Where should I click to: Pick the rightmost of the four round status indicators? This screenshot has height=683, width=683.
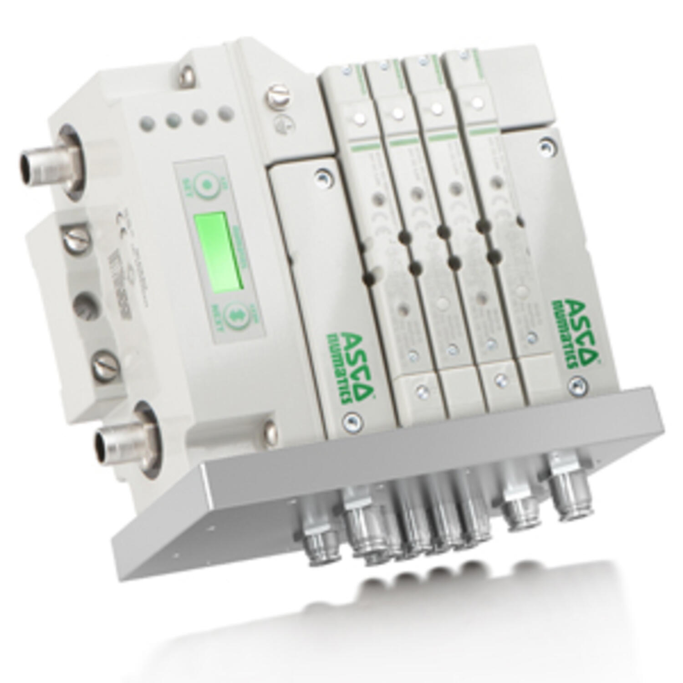coord(224,112)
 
